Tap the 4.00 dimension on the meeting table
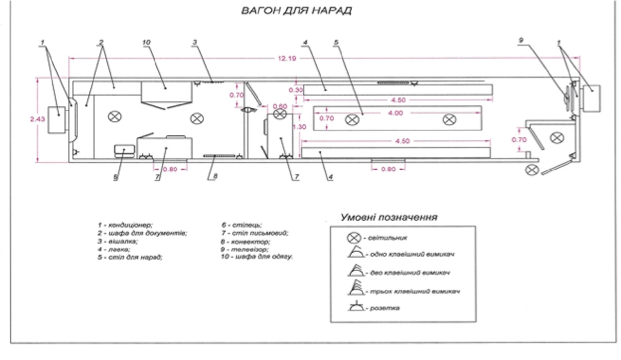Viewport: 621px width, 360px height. point(395,113)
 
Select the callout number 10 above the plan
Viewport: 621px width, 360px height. point(147,43)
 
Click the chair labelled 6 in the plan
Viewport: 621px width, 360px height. point(122,151)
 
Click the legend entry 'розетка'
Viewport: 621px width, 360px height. point(383,308)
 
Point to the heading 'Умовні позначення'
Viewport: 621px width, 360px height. point(389,217)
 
